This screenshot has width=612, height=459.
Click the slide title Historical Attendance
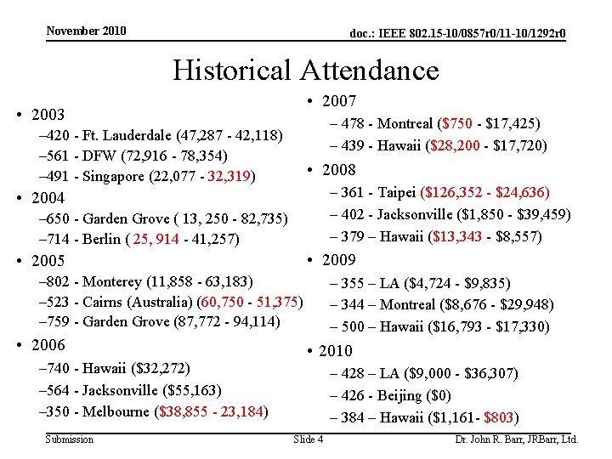(x=306, y=69)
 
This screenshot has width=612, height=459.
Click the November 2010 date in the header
(x=86, y=31)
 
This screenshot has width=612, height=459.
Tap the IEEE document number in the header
(x=458, y=34)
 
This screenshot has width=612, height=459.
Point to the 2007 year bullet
(x=338, y=101)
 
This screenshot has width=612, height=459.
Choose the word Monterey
(x=111, y=281)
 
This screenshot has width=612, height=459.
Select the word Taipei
(x=398, y=193)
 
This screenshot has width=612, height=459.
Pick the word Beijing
(x=399, y=395)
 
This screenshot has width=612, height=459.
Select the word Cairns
(x=103, y=302)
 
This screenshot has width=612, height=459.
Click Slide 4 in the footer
(x=308, y=439)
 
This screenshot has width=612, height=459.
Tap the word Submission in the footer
(x=69, y=439)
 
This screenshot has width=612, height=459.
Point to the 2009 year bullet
(x=338, y=259)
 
